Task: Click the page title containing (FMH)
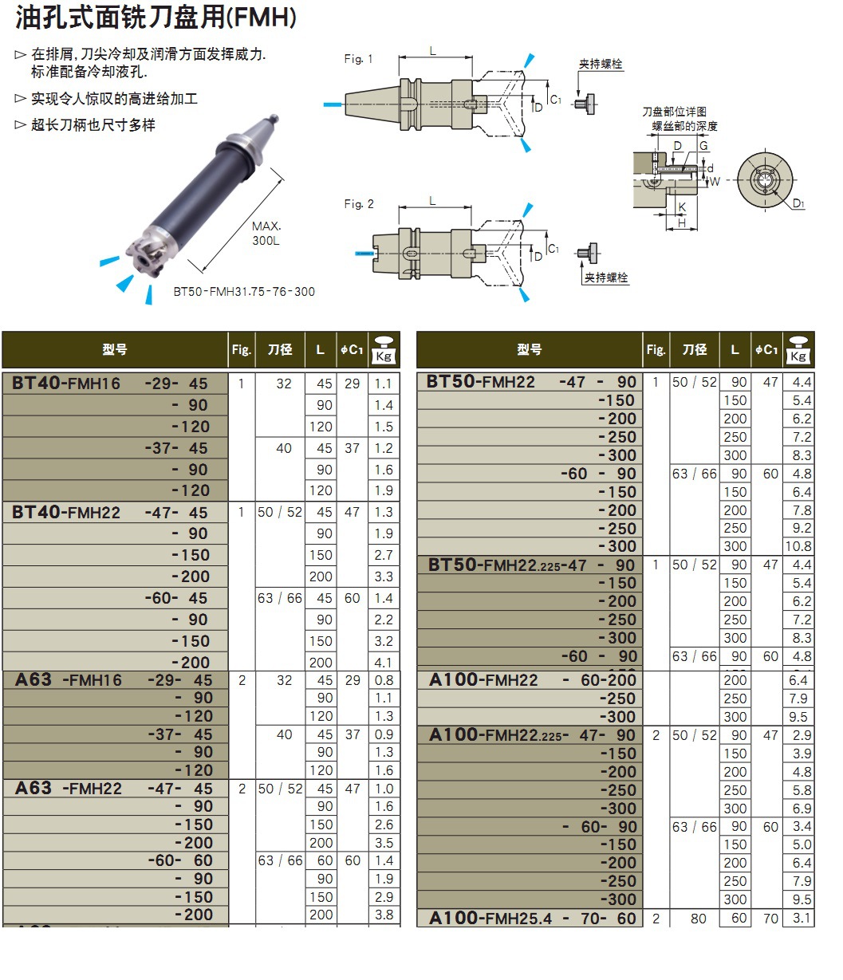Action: (x=156, y=18)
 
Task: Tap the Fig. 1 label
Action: (x=358, y=59)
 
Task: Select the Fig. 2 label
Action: (x=359, y=204)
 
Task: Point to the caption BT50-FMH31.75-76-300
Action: (x=244, y=292)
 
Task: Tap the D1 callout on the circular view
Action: (x=798, y=204)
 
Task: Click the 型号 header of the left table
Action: (x=115, y=349)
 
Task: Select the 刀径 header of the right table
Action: (x=694, y=349)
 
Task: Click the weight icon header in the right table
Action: (x=798, y=349)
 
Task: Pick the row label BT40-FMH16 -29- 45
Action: (x=110, y=384)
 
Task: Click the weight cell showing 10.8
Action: (x=798, y=546)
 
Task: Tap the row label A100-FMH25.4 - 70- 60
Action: (x=533, y=919)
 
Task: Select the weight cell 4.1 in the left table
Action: (x=384, y=662)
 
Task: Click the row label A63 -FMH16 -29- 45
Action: (x=114, y=680)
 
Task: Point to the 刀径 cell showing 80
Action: (x=699, y=919)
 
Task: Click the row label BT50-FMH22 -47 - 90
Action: (x=531, y=382)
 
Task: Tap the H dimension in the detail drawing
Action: (x=682, y=223)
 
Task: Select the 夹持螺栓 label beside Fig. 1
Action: (x=601, y=65)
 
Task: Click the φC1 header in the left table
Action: (x=352, y=349)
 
